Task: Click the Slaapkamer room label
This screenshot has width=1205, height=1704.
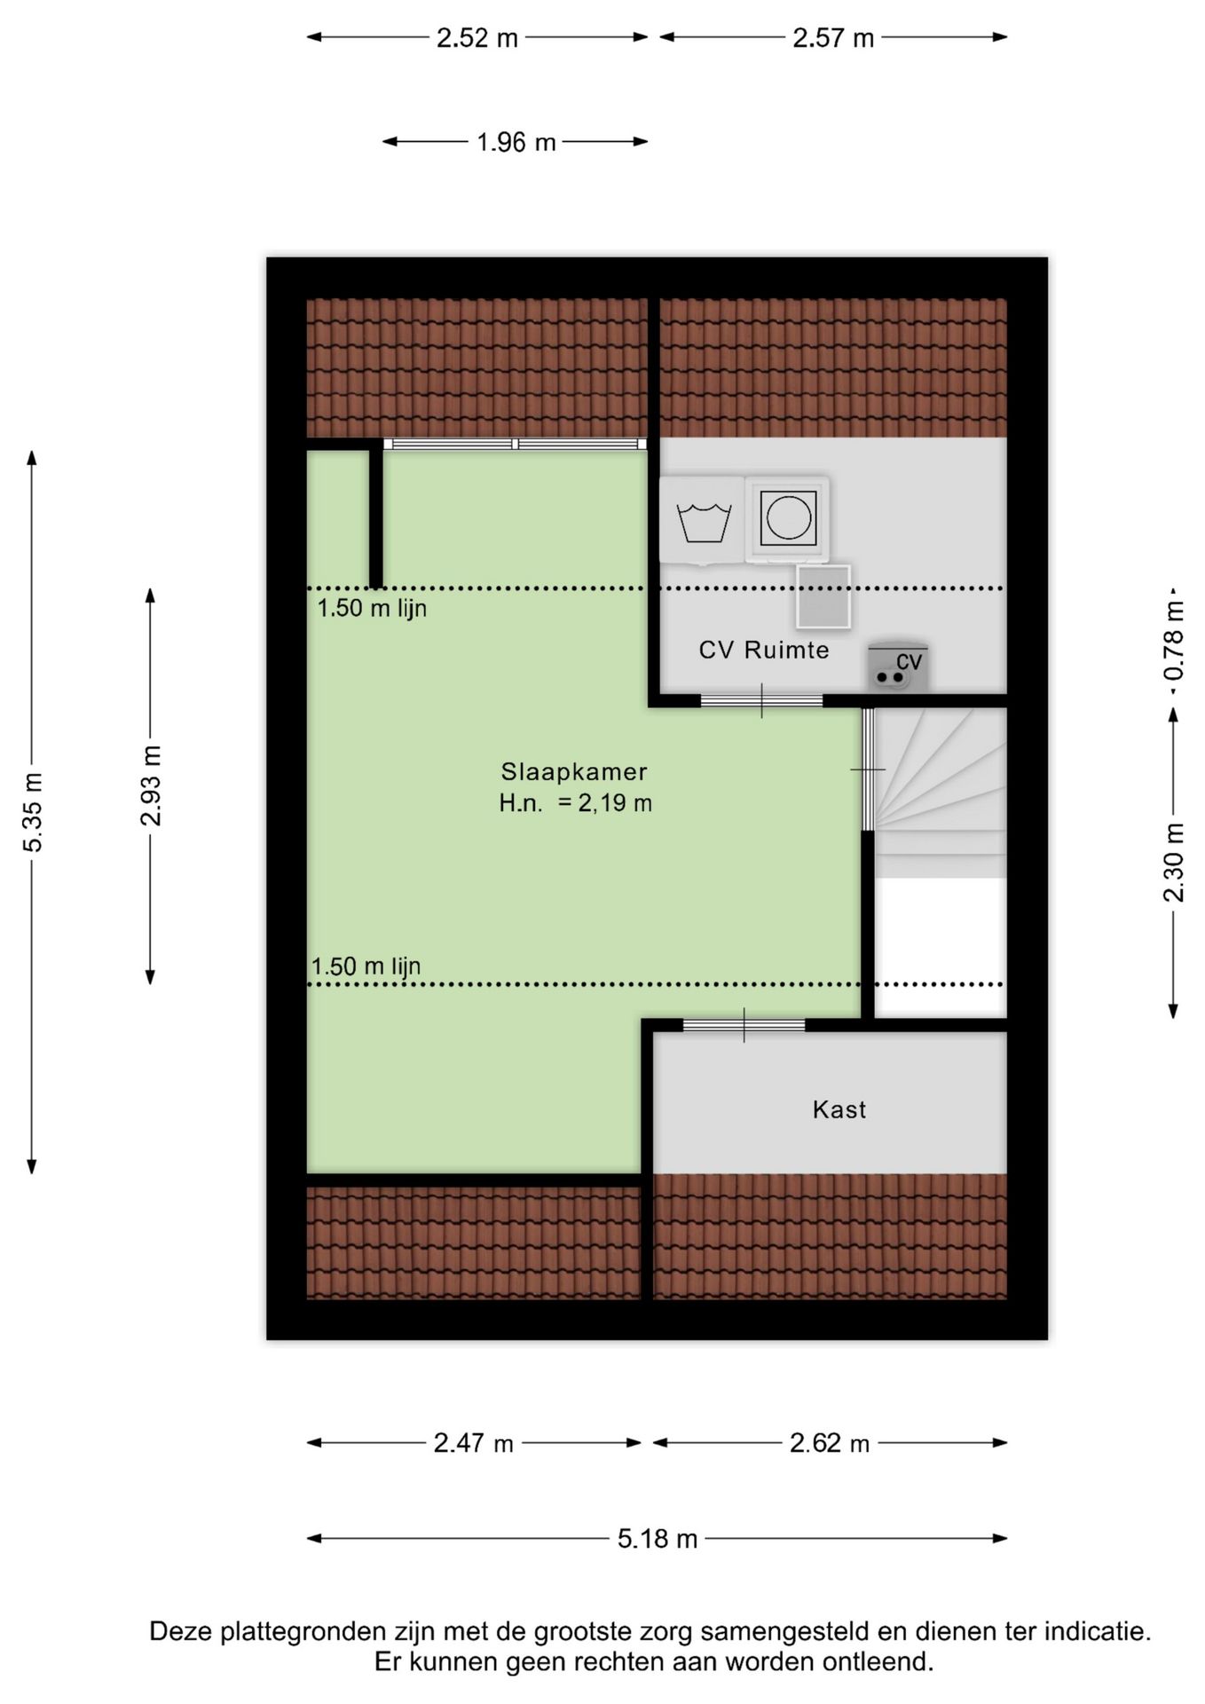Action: coord(574,771)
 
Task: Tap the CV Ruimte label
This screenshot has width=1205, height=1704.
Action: coord(764,650)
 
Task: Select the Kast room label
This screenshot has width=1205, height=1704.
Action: coord(839,1109)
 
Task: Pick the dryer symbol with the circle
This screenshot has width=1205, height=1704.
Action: coord(788,518)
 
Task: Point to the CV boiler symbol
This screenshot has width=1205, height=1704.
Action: coord(898,667)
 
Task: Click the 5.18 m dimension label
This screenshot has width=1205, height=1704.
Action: coord(658,1539)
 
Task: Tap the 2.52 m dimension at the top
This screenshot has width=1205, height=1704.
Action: coord(477,38)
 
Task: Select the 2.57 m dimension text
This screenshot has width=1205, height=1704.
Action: coord(833,38)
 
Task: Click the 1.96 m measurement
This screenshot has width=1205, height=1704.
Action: coord(516,142)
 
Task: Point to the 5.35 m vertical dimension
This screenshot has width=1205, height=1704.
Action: coord(33,812)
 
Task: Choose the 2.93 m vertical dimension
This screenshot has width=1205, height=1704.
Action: coord(152,786)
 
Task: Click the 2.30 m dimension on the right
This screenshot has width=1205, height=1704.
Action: coord(1174,863)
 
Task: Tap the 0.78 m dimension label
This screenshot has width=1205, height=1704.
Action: coord(1174,641)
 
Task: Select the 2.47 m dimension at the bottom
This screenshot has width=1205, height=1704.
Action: coord(474,1444)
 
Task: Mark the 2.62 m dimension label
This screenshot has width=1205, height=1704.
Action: coord(830,1444)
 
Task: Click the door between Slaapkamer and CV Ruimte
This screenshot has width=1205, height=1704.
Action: coord(762,700)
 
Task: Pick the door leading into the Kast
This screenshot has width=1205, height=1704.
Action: coord(744,1025)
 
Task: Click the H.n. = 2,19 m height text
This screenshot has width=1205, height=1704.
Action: coord(575,803)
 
